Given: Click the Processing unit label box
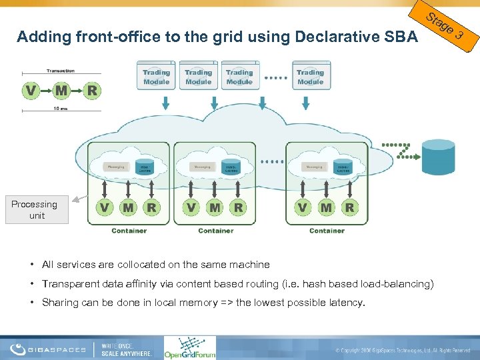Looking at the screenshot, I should pyautogui.click(x=35, y=209).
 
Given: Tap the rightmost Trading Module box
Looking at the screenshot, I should pyautogui.click(x=310, y=77).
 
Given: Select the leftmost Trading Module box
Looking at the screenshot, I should pyautogui.click(x=157, y=77).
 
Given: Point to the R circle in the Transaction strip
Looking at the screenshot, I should pyautogui.click(x=92, y=89).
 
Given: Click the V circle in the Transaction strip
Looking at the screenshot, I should pyautogui.click(x=31, y=89).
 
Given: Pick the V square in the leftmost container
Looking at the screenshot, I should pyautogui.click(x=105, y=207).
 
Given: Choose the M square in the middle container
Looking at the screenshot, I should pyautogui.click(x=215, y=207).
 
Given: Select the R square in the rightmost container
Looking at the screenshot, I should pyautogui.click(x=349, y=207).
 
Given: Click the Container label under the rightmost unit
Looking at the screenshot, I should pyautogui.click(x=327, y=231).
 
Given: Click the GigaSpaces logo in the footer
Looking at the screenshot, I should pyautogui.click(x=51, y=348).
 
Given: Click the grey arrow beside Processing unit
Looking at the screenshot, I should pyautogui.click(x=79, y=198).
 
